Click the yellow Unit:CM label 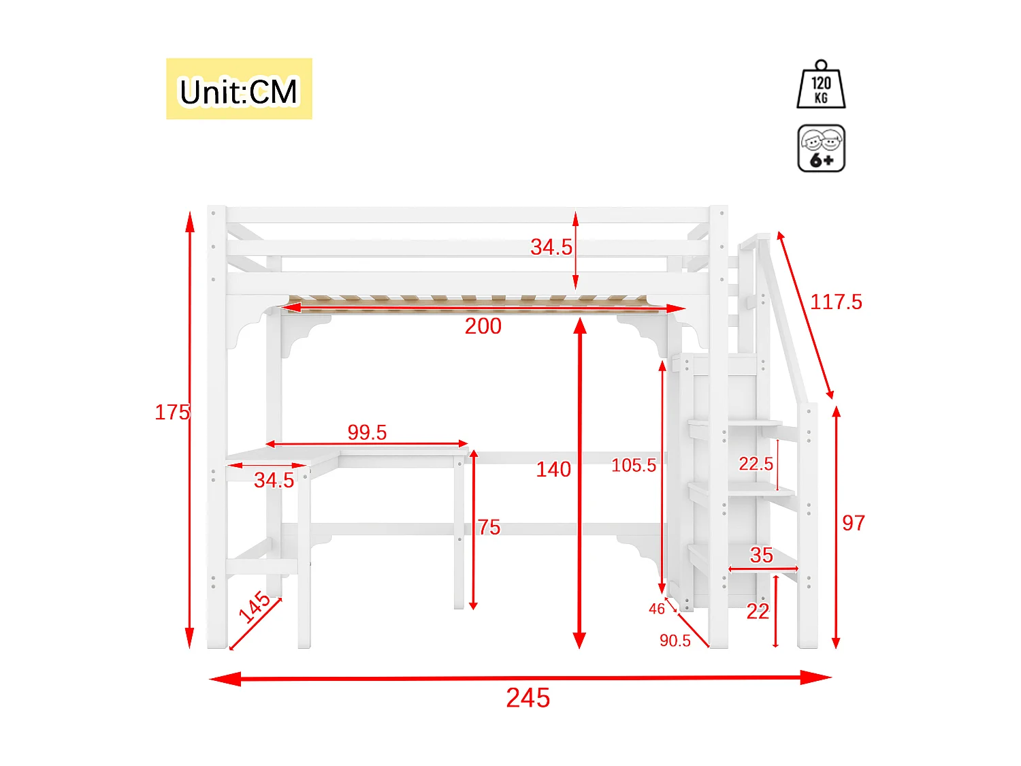coord(239,89)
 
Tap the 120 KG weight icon coord(821,85)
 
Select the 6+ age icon coord(821,148)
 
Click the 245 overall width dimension coord(528,698)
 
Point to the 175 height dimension coord(172,412)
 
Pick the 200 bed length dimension coord(483,326)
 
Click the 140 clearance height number coord(553,469)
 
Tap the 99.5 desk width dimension coord(367,432)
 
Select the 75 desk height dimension coord(489,527)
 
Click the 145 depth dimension coord(255,607)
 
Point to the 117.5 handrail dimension coord(836,302)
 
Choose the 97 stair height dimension coord(854,523)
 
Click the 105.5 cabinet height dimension coord(634,466)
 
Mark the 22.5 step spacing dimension coord(756,464)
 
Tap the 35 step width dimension coord(762,555)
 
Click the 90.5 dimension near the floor coord(675,641)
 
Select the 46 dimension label coord(656,609)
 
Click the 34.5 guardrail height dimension coord(551,247)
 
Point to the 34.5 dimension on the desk coord(274,480)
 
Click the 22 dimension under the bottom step coord(758,611)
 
